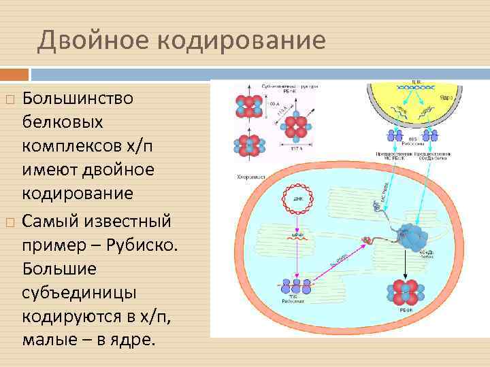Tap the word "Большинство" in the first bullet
[x=78, y=99]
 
